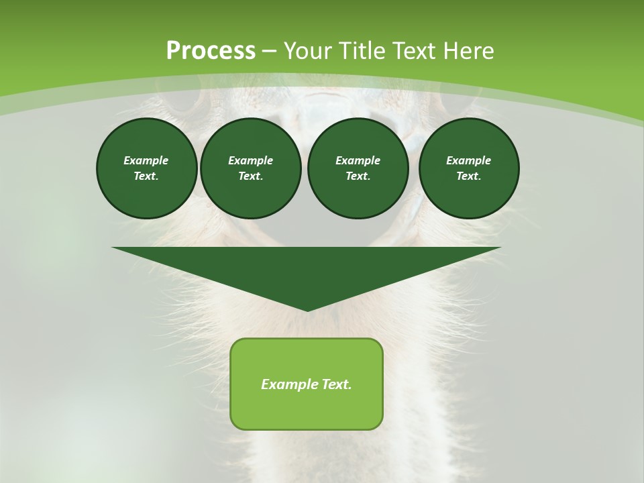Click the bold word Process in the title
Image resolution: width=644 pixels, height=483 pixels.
point(211,51)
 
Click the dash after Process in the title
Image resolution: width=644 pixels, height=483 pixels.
point(269,52)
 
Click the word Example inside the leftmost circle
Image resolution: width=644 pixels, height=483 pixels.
point(146,160)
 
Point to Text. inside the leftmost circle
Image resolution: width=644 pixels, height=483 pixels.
point(146,176)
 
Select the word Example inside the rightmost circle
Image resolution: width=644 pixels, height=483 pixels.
point(468,160)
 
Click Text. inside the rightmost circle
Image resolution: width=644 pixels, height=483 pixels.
point(468,176)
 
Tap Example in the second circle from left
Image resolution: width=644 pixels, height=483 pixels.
point(250,160)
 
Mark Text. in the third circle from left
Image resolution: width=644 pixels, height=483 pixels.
point(358,176)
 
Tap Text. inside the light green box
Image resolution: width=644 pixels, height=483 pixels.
point(337,384)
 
